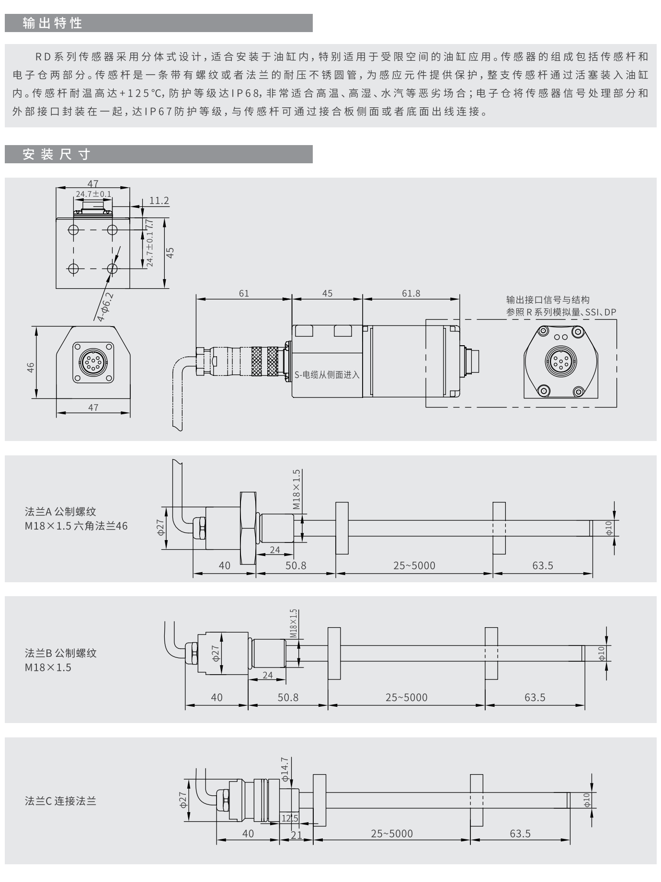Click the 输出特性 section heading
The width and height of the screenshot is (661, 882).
tap(53, 23)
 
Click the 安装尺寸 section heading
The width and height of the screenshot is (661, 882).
tap(57, 154)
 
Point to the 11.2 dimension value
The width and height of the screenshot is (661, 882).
tap(159, 201)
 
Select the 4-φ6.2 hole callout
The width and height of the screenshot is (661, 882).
tap(105, 306)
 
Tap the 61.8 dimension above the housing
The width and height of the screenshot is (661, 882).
tap(411, 293)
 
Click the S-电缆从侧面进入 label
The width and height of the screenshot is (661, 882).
tap(327, 374)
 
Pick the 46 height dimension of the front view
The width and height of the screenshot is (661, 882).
tap(31, 367)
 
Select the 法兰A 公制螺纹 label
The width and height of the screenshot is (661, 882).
tap(60, 512)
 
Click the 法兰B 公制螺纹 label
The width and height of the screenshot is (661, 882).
tap(60, 653)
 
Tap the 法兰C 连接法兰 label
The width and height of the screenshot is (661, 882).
tap(60, 801)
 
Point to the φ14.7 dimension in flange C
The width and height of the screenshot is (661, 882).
tap(285, 769)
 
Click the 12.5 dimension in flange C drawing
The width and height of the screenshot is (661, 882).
tap(290, 818)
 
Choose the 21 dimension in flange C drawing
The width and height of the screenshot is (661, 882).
tap(296, 835)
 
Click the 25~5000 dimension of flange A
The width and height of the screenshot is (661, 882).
tap(414, 565)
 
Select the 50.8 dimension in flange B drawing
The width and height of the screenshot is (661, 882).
tap(288, 698)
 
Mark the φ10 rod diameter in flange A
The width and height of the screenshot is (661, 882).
tap(608, 528)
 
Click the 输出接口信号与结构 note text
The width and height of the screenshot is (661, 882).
tap(547, 300)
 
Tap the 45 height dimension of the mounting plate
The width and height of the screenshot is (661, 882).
tap(170, 252)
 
